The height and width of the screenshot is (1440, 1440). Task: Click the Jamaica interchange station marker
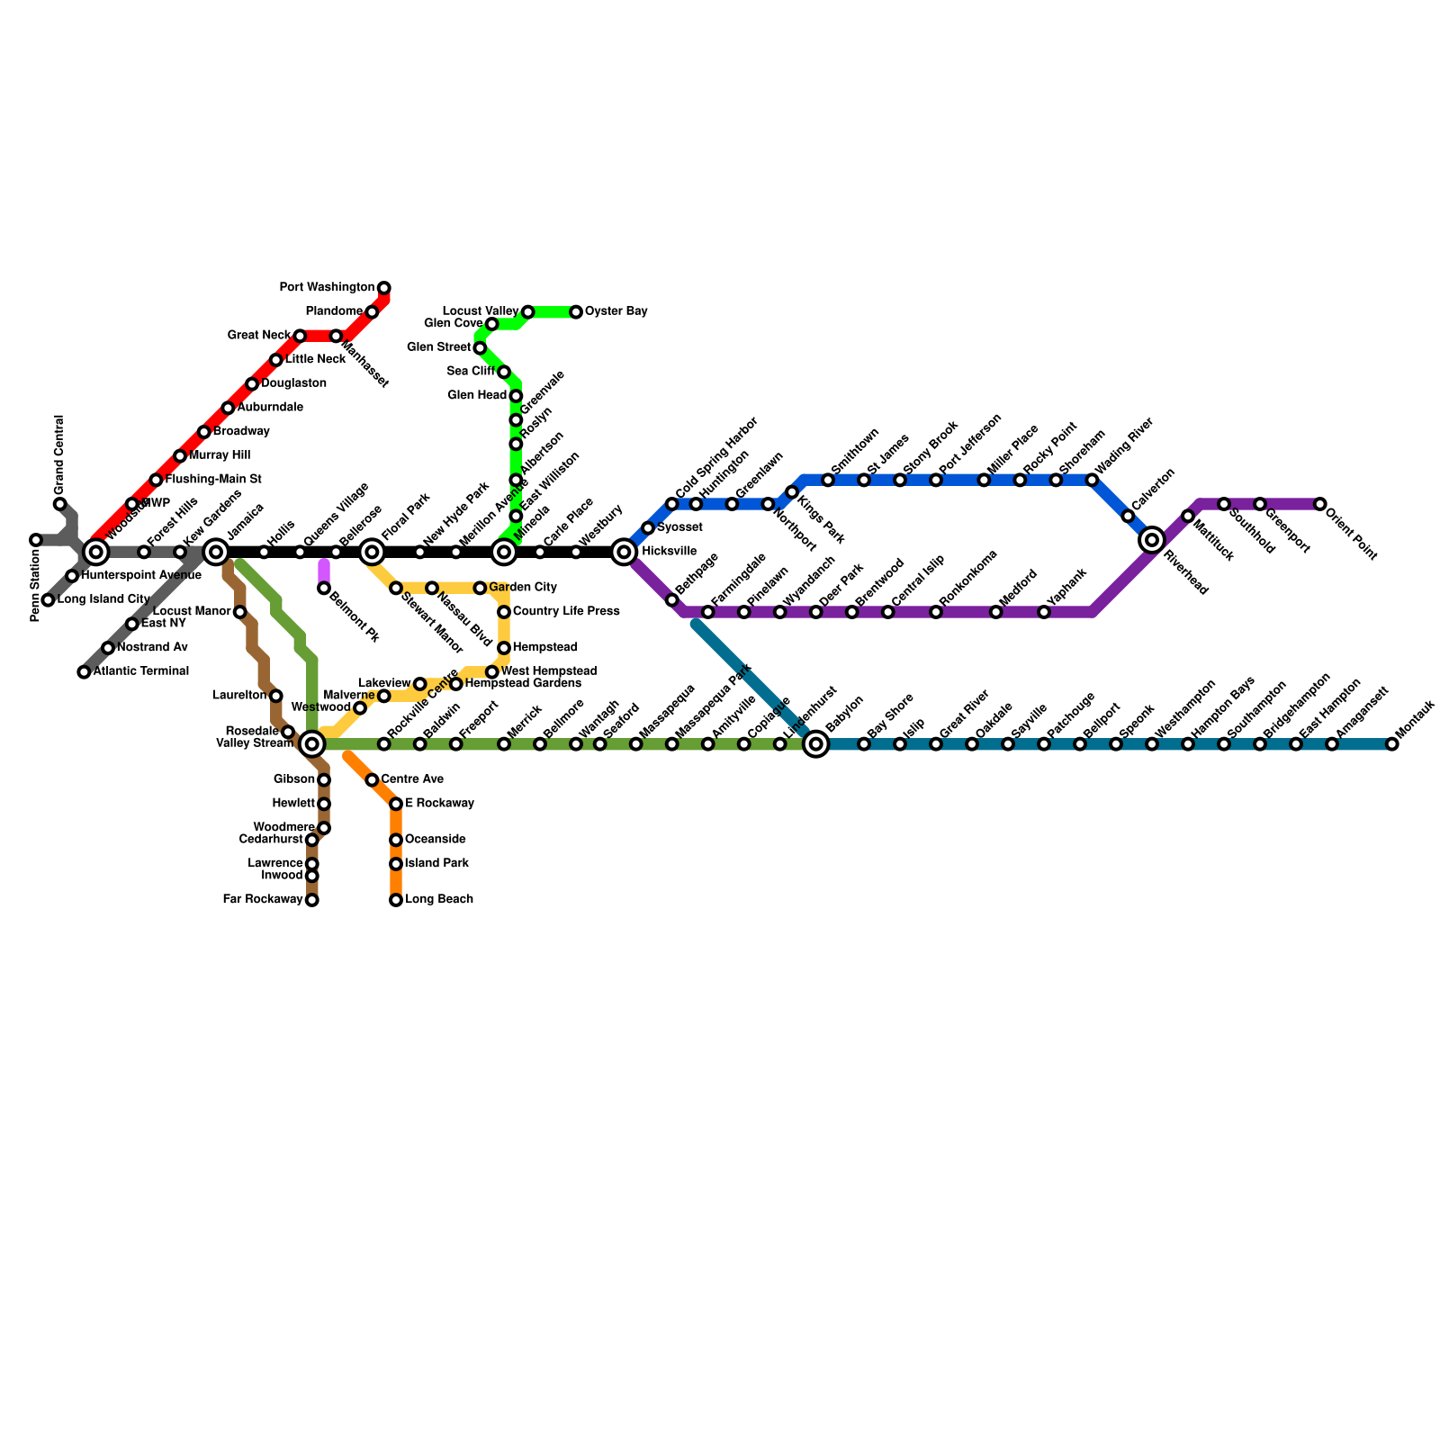[216, 552]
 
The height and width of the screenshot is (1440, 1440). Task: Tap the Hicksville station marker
[624, 552]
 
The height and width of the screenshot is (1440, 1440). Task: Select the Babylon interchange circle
[816, 744]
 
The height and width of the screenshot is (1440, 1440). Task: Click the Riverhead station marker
[1152, 540]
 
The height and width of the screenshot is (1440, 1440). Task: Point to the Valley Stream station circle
[312, 744]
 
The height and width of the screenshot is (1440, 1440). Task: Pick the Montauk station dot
[1392, 744]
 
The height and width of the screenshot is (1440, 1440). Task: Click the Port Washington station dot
[384, 288]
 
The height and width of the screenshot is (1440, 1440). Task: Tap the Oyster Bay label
[616, 311]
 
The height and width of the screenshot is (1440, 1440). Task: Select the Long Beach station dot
[396, 900]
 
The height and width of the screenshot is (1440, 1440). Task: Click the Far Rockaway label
[262, 899]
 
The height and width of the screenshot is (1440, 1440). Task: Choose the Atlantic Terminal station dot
[84, 672]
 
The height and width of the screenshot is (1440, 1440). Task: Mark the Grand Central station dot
[60, 504]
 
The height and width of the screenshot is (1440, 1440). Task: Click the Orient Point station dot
[1320, 504]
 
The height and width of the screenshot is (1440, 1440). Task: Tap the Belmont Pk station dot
[324, 589]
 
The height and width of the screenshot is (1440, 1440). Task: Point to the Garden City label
[523, 588]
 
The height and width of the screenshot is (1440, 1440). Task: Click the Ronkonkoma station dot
[936, 612]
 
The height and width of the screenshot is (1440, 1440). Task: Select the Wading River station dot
[1092, 480]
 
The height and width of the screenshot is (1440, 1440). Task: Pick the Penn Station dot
[36, 540]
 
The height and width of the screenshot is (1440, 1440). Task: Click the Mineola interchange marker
[504, 552]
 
